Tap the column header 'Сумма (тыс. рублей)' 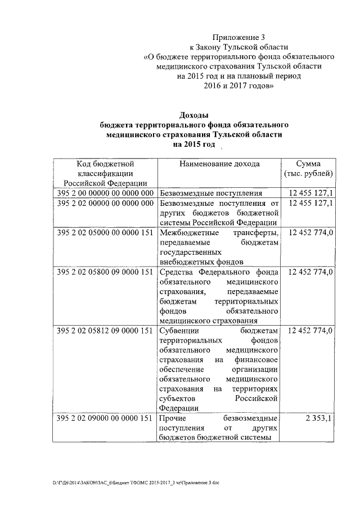point(309,168)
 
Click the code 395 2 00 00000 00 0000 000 point(105,193)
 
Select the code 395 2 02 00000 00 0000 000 point(105,203)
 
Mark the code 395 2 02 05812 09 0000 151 point(105,331)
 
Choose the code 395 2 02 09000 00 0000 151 point(105,419)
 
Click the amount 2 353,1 point(319,419)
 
